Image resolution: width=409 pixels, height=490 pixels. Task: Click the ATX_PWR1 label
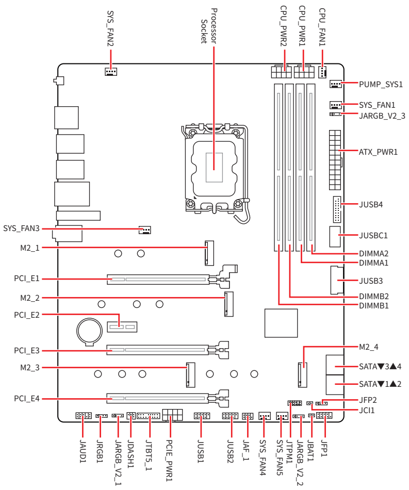click(378, 152)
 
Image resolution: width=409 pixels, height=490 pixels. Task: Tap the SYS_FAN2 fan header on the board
click(110, 72)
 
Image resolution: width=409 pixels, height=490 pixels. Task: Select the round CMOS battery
click(89, 331)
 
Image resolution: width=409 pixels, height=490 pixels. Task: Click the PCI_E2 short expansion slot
click(122, 327)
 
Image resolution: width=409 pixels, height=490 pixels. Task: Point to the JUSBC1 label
click(373, 235)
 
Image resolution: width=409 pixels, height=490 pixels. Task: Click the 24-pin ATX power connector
click(335, 160)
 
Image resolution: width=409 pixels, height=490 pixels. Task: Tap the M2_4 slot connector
click(302, 375)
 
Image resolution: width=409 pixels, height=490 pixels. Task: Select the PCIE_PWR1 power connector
click(172, 415)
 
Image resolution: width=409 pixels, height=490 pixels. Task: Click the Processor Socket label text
click(209, 26)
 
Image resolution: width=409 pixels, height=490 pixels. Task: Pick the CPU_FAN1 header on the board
click(322, 72)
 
